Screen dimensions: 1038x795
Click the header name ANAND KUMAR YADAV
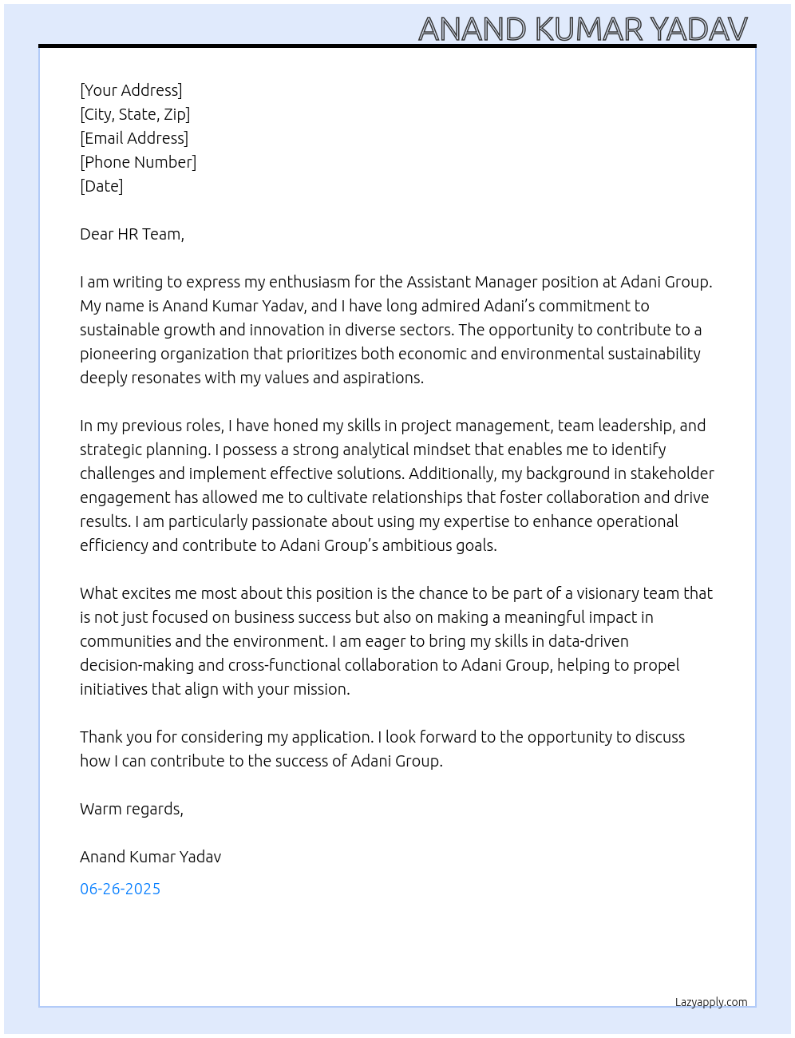point(583,29)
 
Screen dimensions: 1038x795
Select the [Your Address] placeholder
point(131,90)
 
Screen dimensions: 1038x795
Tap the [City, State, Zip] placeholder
point(135,114)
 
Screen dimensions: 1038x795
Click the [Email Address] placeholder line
point(134,138)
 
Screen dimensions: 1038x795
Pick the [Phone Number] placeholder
point(138,162)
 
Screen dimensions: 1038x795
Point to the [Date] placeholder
point(101,186)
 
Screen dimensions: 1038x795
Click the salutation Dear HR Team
point(132,234)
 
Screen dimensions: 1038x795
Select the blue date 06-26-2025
point(120,889)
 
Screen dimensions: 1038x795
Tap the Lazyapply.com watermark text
point(711,1002)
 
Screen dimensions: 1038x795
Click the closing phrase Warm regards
point(132,809)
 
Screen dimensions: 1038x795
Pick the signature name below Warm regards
point(150,857)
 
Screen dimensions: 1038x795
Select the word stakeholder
point(671,473)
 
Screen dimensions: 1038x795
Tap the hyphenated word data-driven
point(588,641)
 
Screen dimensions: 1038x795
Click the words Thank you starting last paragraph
point(111,737)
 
